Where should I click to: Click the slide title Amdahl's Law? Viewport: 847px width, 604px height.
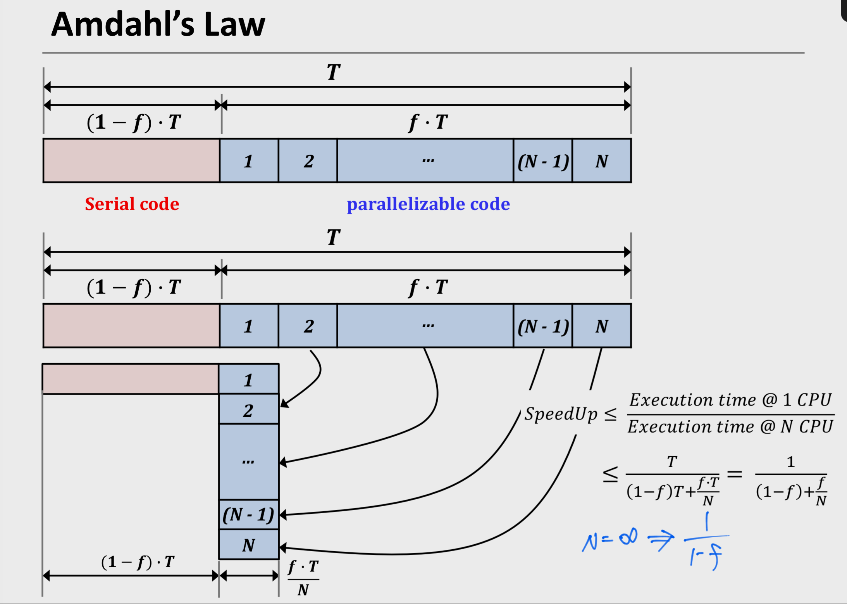point(158,24)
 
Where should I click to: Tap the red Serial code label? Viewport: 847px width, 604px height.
point(132,204)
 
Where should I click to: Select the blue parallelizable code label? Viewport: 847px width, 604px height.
point(428,204)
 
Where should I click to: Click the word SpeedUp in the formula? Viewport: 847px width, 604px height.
point(561,414)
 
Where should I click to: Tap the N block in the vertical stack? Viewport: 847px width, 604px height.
point(249,545)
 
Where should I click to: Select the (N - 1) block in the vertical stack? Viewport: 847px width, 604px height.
point(249,515)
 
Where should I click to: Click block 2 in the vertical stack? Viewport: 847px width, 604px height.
point(249,410)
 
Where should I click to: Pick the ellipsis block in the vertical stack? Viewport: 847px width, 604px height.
point(249,461)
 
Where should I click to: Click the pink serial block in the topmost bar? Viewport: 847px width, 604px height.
point(131,160)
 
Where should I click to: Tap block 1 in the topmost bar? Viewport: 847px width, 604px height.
point(249,160)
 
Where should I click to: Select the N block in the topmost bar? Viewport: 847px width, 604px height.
point(602,160)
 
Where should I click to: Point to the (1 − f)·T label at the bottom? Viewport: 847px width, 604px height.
point(138,562)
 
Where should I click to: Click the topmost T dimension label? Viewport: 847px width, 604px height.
point(334,72)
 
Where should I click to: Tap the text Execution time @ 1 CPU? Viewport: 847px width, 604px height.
point(730,400)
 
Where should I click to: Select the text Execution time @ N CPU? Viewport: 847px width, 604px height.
point(730,427)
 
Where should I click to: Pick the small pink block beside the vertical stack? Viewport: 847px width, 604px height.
point(131,379)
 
